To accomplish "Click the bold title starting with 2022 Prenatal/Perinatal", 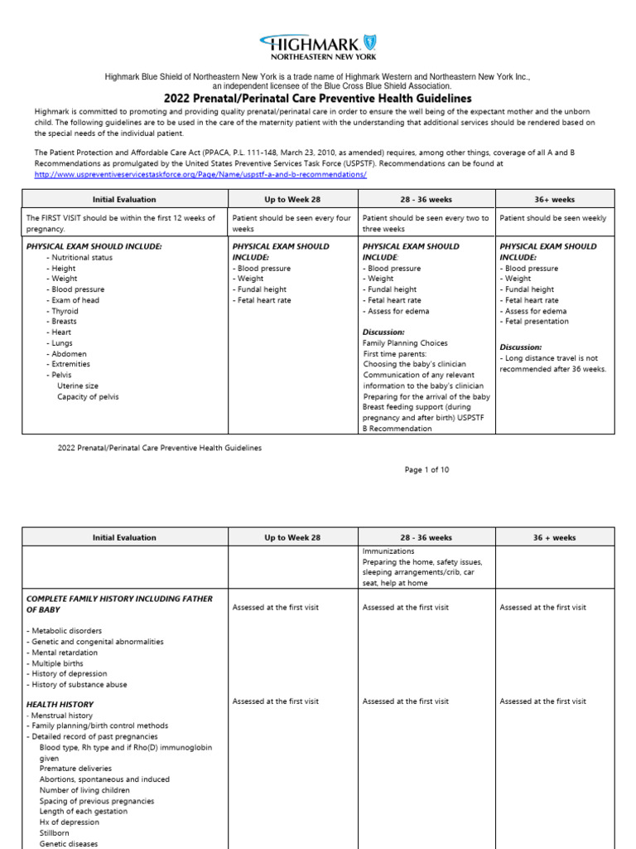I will pos(317,98).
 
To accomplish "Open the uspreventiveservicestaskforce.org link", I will pos(200,175).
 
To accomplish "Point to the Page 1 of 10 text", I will pos(426,469).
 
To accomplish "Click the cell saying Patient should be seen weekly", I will pos(553,219).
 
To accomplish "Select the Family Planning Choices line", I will pos(405,343).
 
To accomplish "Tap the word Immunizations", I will pos(389,551).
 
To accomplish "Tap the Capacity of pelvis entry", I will pos(87,396).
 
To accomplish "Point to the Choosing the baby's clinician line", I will pos(414,364).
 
